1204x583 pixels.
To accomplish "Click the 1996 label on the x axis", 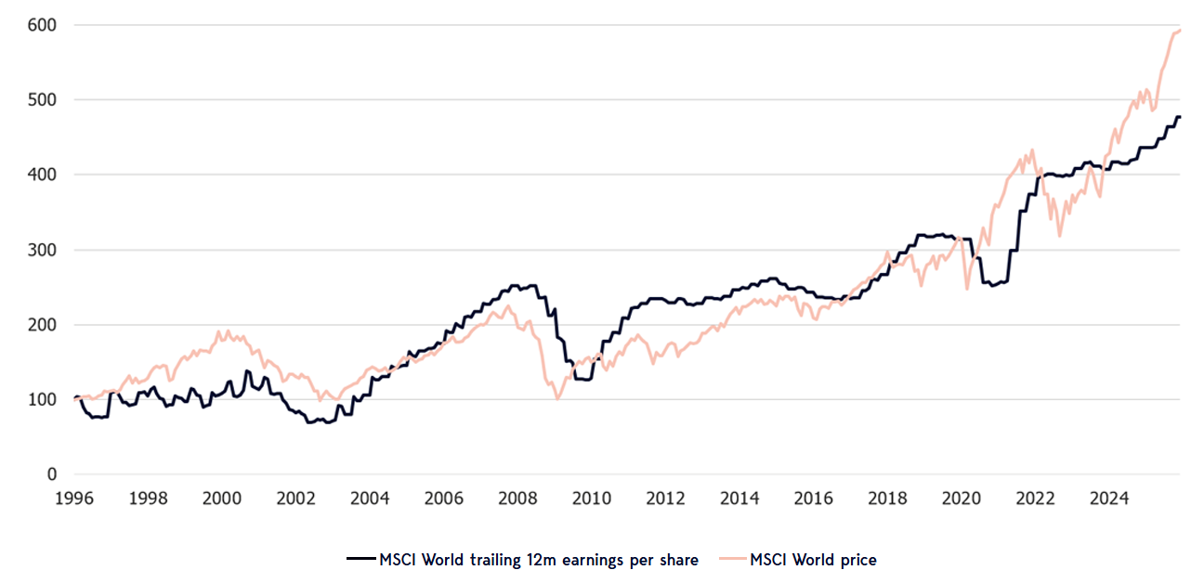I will click(x=75, y=499).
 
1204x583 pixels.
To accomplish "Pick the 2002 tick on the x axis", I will click(x=295, y=499).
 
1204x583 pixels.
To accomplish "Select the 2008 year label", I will click(x=517, y=499).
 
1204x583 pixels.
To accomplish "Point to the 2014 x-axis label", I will click(x=739, y=499).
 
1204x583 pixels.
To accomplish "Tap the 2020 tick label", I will click(x=961, y=499).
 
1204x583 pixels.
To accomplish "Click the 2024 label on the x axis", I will click(x=1108, y=499).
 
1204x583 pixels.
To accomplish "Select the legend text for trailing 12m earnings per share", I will click(x=539, y=559).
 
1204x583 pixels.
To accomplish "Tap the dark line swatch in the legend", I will click(x=360, y=559).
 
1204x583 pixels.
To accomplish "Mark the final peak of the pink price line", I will click(x=1179, y=31).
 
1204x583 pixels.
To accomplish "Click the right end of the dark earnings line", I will click(x=1180, y=117).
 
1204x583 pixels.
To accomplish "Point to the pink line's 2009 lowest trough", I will click(x=557, y=398).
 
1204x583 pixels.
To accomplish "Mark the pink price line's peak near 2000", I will click(x=220, y=330).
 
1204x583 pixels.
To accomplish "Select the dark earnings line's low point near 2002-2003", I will click(x=309, y=422).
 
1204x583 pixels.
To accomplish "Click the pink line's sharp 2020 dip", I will click(x=967, y=289).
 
